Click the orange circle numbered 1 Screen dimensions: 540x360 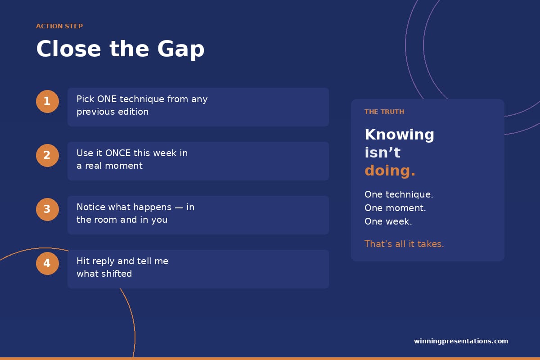coord(47,101)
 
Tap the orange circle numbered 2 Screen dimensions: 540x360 coord(47,155)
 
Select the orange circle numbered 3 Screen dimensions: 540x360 coord(47,209)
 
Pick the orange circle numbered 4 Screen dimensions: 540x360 coord(47,263)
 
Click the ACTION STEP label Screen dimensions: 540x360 coord(59,26)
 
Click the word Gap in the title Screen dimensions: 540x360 coord(181,50)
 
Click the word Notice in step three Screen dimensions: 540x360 coord(91,207)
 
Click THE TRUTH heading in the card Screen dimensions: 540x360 coord(384,112)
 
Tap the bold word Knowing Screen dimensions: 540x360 coord(399,135)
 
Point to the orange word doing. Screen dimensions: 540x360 coord(390,171)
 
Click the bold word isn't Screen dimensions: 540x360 coord(382,153)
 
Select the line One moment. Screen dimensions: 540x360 coord(395,208)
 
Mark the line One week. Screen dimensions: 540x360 coord(388,221)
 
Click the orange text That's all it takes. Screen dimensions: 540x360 coord(404,244)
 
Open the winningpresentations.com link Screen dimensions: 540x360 coord(461,341)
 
